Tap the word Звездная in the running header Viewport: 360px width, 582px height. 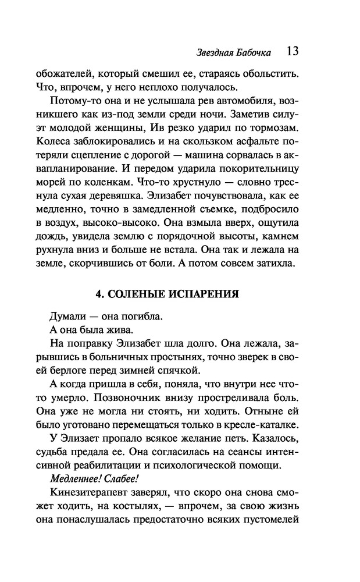point(216,52)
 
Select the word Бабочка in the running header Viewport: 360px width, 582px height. point(254,52)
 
